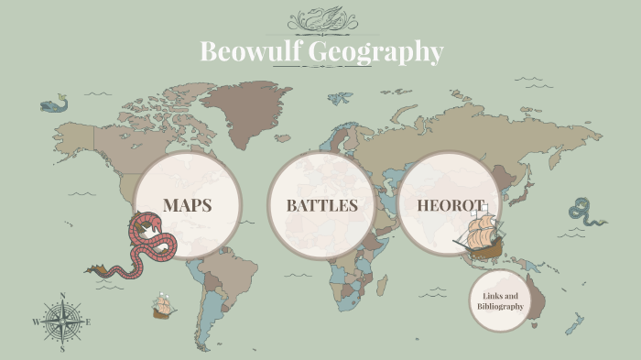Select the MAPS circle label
click(x=187, y=204)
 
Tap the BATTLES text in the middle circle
click(x=321, y=205)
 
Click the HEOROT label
click(x=450, y=204)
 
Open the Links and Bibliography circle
click(x=500, y=301)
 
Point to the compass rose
click(x=62, y=322)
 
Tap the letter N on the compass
click(x=62, y=295)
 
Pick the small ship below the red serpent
click(x=164, y=306)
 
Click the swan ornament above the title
click(x=321, y=18)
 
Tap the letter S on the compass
click(x=62, y=349)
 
